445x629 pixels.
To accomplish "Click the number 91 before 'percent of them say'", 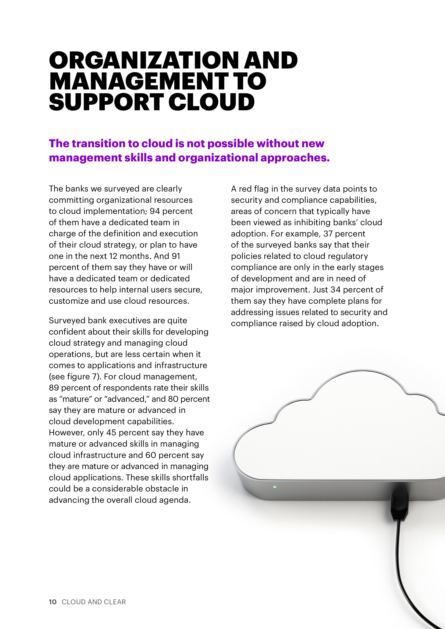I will [x=176, y=256].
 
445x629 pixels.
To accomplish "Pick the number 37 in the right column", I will [x=328, y=234].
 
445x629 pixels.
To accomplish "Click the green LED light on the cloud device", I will [x=275, y=487].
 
